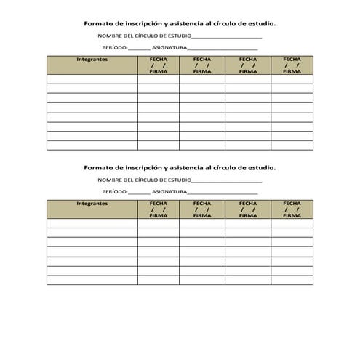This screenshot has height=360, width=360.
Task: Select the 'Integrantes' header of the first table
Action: pos(92,59)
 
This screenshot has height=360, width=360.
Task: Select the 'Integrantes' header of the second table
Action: pos(92,204)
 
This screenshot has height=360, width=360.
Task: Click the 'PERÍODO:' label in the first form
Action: pos(115,48)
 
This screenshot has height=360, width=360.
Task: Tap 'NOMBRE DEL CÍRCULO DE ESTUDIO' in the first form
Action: pos(145,36)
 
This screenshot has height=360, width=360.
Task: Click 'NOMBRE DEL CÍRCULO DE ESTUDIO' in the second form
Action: pos(145,180)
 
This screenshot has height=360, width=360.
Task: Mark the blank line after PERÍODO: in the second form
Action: pos(139,193)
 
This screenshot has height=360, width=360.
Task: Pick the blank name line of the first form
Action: pos(227,37)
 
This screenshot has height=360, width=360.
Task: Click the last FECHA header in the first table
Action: pos(292,59)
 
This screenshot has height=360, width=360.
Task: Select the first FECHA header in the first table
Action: pos(158,59)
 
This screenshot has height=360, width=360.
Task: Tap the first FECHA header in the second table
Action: pos(158,204)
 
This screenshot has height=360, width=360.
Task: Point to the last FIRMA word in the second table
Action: pos(292,216)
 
